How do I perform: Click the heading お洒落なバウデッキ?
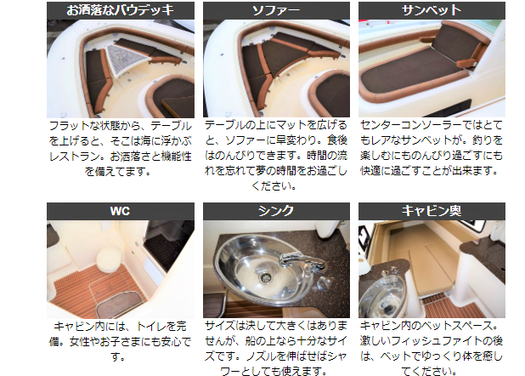point(120,10)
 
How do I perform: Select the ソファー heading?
point(276,10)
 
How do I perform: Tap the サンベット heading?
point(432,10)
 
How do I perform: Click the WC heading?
point(120,211)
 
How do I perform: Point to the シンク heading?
point(276,211)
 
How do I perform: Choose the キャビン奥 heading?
point(432,211)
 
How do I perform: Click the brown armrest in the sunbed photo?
point(466,63)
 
